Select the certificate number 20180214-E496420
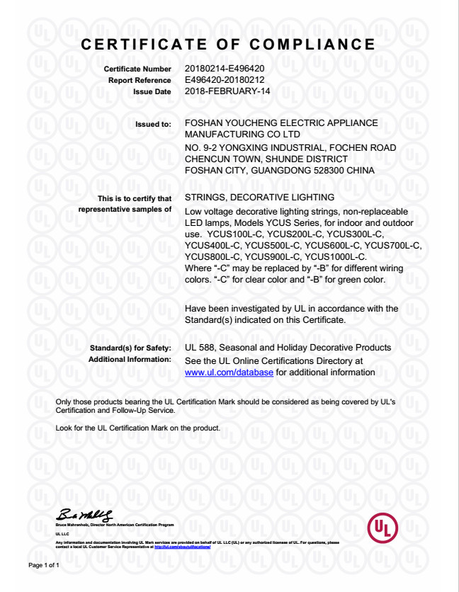click(x=225, y=69)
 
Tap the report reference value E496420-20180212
click(x=225, y=80)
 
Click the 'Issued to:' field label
click(x=153, y=124)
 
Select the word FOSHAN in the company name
click(x=205, y=123)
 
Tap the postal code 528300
click(x=328, y=170)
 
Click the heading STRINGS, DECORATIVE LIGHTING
click(x=259, y=198)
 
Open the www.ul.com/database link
click(x=228, y=372)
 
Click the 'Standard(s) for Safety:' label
click(x=130, y=348)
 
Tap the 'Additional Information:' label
click(x=130, y=360)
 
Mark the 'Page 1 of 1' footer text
click(x=44, y=567)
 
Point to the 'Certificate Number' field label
click(x=137, y=69)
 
